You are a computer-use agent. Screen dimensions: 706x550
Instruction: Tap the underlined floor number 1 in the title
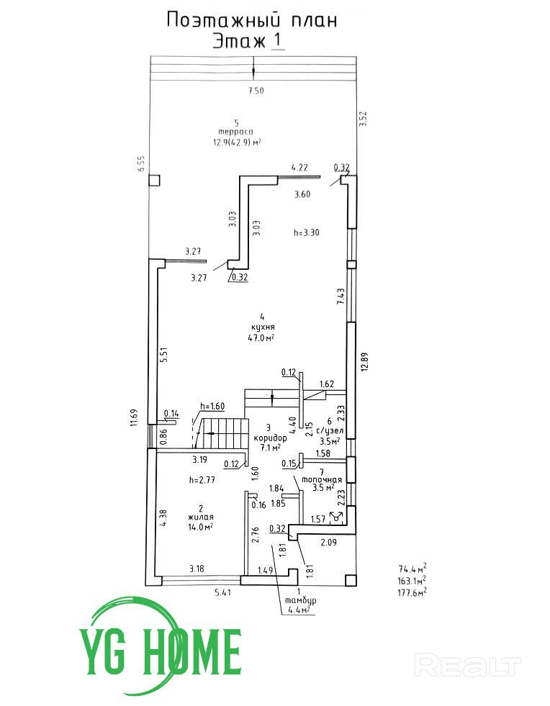point(277,41)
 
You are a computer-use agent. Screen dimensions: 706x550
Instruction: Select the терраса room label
point(236,132)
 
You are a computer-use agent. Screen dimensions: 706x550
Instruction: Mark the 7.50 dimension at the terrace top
point(256,91)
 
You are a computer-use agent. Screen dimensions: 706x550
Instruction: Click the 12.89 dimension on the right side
point(365,364)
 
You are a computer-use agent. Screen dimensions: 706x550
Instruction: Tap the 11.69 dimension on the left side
point(133,418)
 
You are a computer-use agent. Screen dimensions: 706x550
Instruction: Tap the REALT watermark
point(469,665)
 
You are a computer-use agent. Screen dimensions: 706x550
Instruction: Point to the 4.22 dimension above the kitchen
point(299,167)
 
